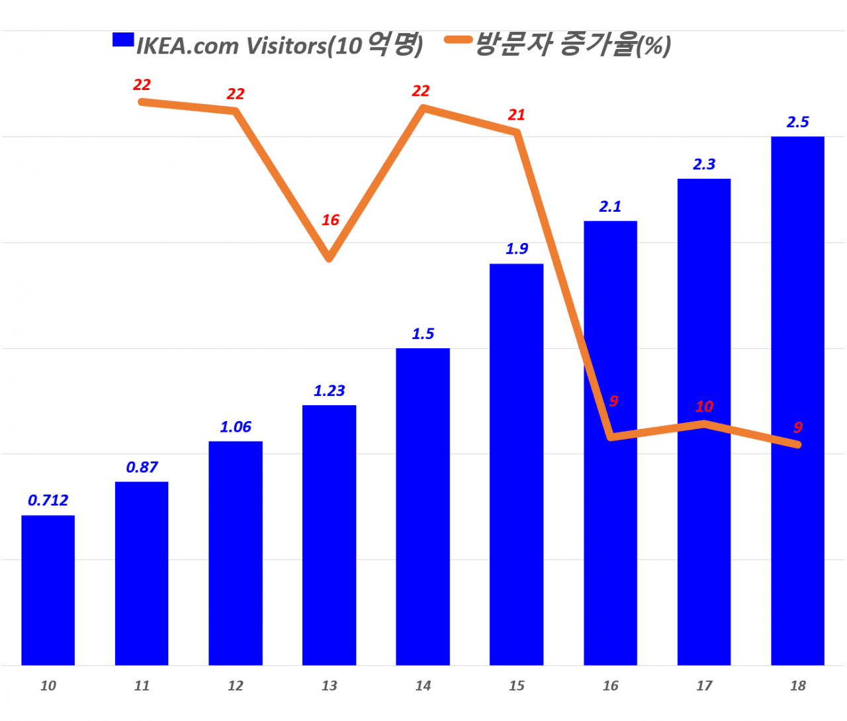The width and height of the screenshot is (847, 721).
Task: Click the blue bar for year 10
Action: click(x=48, y=589)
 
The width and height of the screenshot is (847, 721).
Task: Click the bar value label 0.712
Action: click(x=48, y=501)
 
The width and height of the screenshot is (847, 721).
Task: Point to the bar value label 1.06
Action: click(x=236, y=427)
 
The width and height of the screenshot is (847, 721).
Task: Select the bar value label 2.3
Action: click(x=704, y=164)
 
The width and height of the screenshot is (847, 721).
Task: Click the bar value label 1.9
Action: click(x=517, y=249)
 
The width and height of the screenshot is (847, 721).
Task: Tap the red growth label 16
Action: click(x=330, y=220)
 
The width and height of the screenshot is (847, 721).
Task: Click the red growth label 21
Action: click(x=516, y=115)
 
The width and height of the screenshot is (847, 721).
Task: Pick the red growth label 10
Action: click(x=704, y=407)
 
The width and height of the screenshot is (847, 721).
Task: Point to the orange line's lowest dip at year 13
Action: click(x=329, y=258)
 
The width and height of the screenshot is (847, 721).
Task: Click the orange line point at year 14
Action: click(x=423, y=107)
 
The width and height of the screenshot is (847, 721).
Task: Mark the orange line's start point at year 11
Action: click(x=142, y=102)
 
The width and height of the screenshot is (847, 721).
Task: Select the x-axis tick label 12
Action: click(x=236, y=686)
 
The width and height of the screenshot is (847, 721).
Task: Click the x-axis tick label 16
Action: click(x=610, y=686)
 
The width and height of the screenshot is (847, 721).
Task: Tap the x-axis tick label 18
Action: click(x=797, y=686)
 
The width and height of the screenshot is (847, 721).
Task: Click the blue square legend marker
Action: click(x=123, y=40)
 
